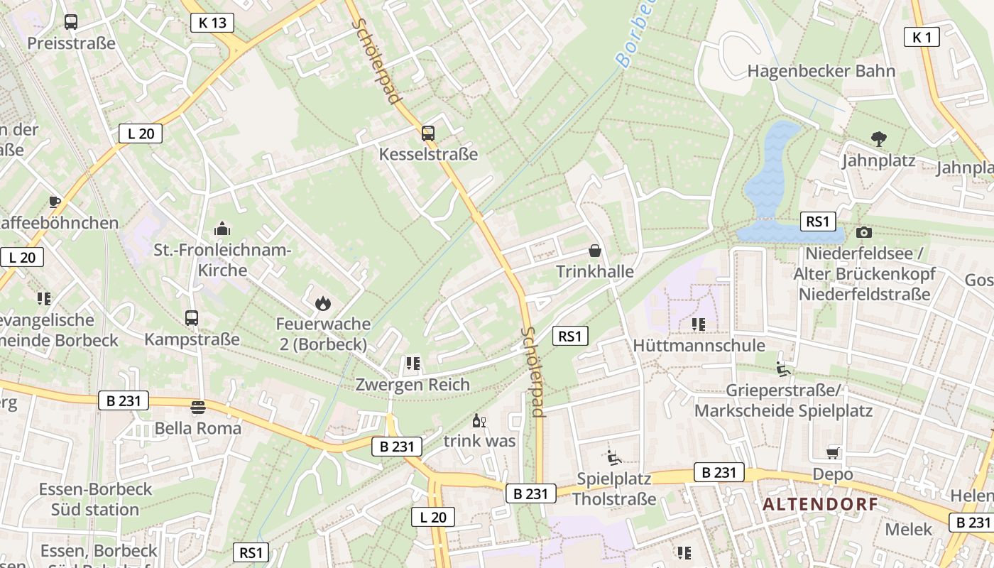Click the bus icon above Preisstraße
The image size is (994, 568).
tap(70, 22)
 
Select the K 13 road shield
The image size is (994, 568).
tap(212, 23)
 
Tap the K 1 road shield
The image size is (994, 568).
tap(921, 37)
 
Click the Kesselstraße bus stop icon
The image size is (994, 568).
tap(427, 133)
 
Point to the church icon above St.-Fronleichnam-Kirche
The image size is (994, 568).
tap(222, 229)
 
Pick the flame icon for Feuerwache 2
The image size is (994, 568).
tap(323, 303)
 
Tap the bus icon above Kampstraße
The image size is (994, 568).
tap(192, 318)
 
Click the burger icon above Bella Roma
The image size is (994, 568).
tap(197, 408)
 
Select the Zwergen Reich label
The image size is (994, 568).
tap(413, 385)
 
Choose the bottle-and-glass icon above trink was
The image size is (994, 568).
tap(479, 420)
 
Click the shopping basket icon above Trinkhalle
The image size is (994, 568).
tap(594, 251)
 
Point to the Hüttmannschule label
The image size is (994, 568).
tap(699, 346)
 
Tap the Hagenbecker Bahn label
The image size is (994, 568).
tap(821, 71)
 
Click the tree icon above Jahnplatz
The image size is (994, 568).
tap(878, 139)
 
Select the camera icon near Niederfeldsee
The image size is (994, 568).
tap(863, 232)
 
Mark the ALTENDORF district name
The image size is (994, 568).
tap(820, 505)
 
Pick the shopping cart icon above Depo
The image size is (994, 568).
tap(833, 453)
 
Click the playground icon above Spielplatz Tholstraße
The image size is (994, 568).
tap(614, 457)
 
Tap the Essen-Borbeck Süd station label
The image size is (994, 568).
tap(95, 499)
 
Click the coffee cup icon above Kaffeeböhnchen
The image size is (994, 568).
tap(55, 202)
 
